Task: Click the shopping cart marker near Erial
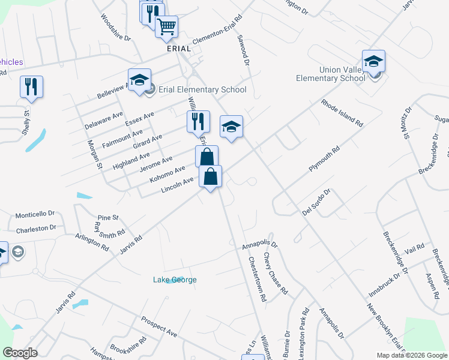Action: click(166, 26)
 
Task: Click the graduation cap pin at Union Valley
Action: click(373, 62)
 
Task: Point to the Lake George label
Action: click(175, 280)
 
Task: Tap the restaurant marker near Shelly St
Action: click(31, 86)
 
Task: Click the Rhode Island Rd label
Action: click(342, 112)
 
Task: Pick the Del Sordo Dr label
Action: click(316, 202)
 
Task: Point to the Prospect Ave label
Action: click(159, 325)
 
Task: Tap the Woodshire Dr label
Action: click(115, 28)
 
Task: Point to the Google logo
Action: click(19, 353)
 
